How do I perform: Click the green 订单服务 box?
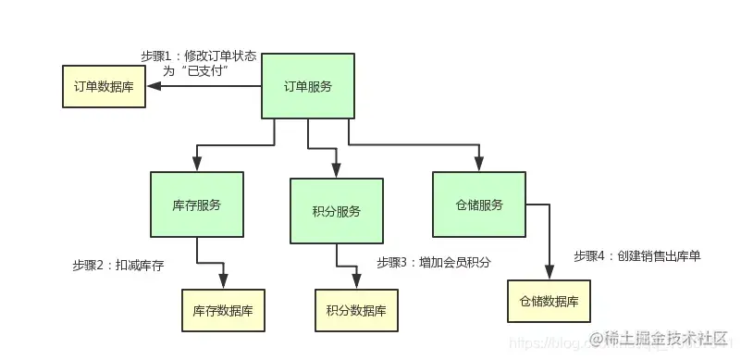pos(307,88)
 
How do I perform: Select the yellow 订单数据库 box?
pos(104,87)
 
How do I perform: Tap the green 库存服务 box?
pos(197,205)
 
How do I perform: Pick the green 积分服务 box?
pos(336,211)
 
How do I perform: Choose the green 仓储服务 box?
pos(479,205)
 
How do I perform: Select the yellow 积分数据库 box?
pos(357,309)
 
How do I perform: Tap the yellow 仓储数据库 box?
pos(549,301)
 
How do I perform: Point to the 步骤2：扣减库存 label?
pos(117,266)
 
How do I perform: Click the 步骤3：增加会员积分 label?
pos(433,263)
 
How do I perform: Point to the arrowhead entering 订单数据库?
pos(154,87)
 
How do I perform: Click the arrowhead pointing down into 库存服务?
pos(197,164)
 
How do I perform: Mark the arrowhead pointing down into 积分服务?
pos(336,171)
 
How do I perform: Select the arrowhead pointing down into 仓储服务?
pos(479,164)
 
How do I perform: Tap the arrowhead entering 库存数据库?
pos(224,281)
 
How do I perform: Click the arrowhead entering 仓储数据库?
pos(549,272)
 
